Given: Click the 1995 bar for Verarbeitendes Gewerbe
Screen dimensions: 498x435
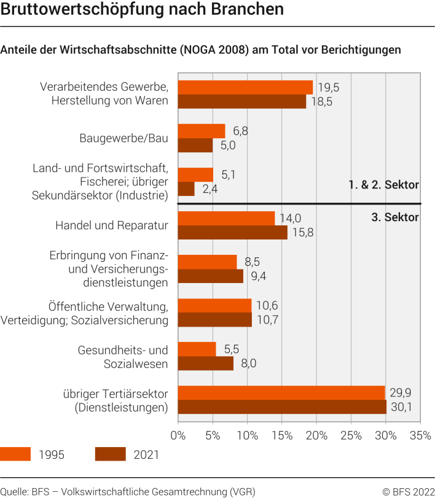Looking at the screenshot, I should click(245, 87).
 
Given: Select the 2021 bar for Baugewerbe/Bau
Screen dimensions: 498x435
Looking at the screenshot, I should click(195, 146).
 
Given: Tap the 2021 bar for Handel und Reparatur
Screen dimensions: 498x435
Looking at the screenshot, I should click(232, 233).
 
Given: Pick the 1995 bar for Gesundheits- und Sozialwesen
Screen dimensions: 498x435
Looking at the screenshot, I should click(197, 349).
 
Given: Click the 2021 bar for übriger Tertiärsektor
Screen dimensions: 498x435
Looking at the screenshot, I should click(282, 407).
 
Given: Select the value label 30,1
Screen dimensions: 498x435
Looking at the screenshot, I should click(402, 407).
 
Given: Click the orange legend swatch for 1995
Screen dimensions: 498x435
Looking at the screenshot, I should click(15, 454).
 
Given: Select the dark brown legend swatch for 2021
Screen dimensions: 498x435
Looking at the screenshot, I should click(111, 454).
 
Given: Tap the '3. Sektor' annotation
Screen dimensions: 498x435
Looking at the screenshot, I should click(395, 217).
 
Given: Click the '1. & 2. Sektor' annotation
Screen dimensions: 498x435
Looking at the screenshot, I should click(383, 185).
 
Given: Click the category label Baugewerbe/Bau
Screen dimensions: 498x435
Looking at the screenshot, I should click(123, 138).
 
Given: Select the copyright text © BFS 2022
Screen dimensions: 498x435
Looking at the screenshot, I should click(408, 491).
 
